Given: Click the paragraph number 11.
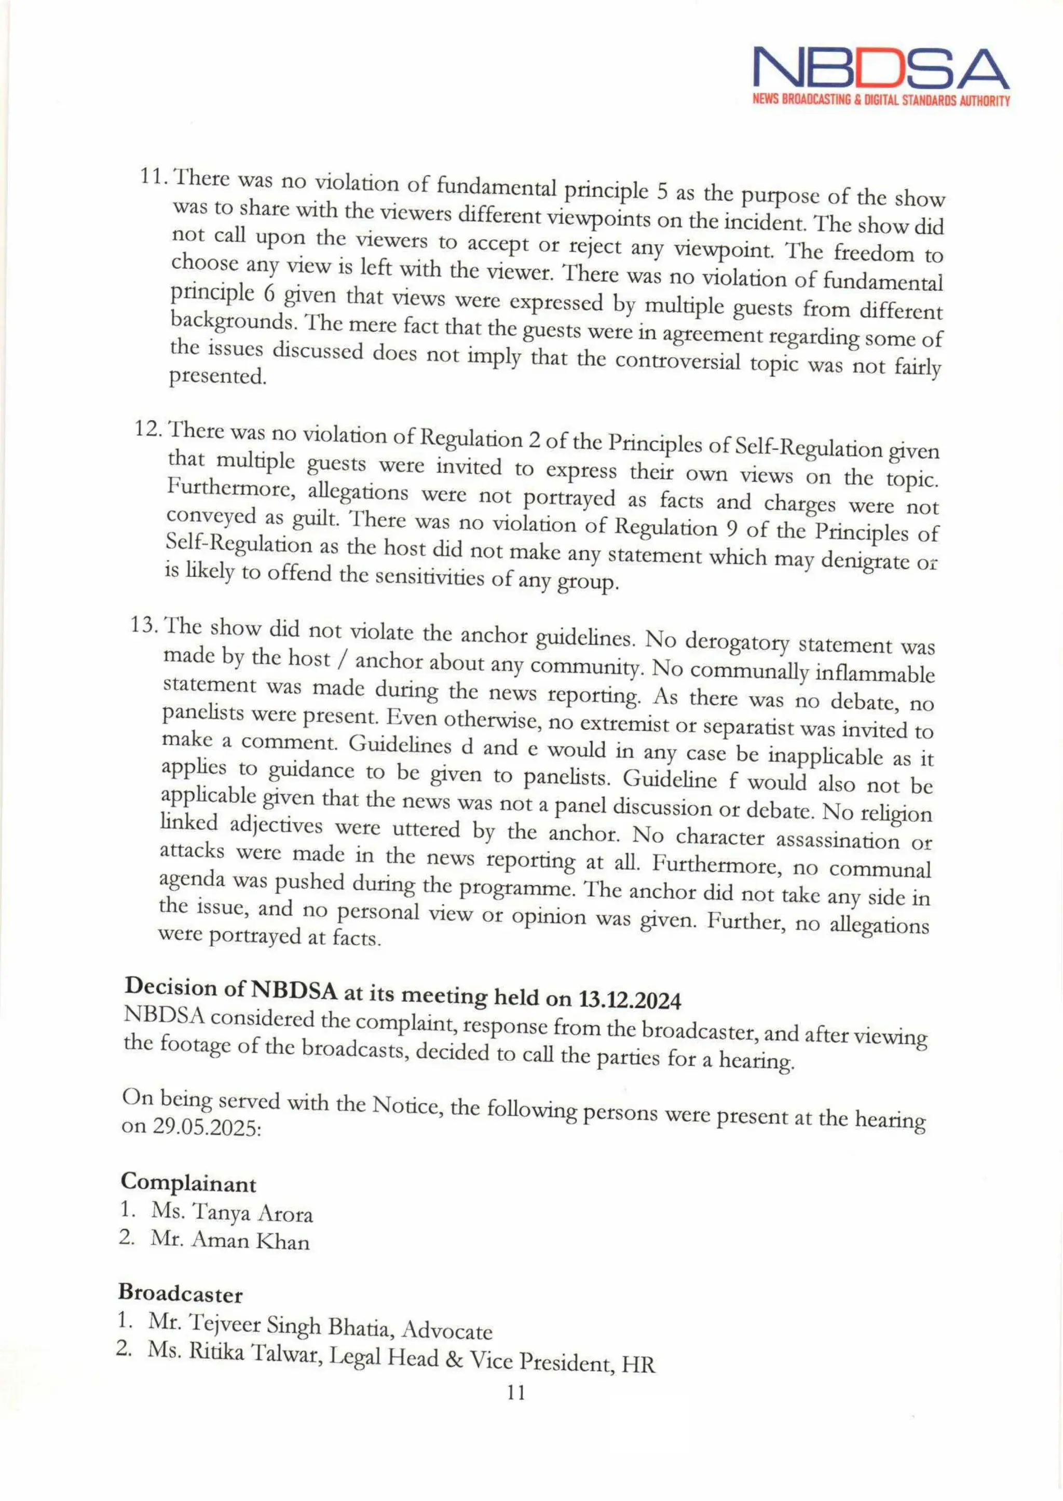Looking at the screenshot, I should [x=153, y=177].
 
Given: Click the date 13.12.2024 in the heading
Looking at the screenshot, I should [x=630, y=1001].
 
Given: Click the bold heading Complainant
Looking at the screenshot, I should [x=188, y=1183].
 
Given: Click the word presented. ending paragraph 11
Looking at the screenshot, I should [x=218, y=378].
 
